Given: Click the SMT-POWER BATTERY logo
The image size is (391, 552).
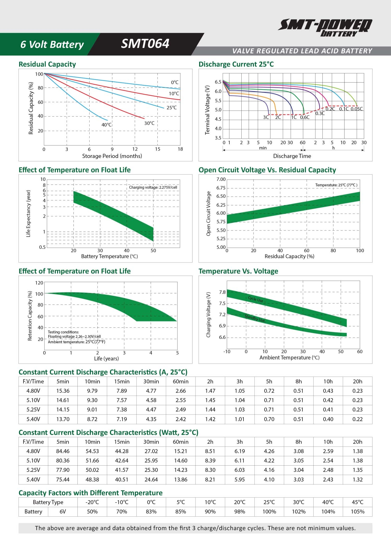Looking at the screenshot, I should coord(325,27).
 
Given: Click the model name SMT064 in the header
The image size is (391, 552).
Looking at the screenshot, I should coord(145,44).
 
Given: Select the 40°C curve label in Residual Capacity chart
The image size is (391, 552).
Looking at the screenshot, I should coord(106,125).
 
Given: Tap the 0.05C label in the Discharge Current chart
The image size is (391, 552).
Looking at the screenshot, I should coord(356,109).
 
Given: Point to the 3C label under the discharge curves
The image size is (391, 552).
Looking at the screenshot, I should coord(266,117).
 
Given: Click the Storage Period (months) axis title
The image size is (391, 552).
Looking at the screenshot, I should coord(112,156).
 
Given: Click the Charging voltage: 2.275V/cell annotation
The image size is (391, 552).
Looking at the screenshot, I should coord(153,187).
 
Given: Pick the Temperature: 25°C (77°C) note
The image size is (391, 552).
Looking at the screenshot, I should coord(336,185).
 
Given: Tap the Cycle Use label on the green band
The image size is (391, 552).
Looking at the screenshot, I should coord(255,299).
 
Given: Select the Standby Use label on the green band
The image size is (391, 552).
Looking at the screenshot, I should coord(255,318).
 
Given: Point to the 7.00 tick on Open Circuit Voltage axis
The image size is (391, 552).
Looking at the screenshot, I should coord(221,179).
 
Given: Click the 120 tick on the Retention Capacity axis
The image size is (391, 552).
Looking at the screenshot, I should coord(39,283).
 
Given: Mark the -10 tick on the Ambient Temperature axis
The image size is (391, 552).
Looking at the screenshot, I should coord(227,352).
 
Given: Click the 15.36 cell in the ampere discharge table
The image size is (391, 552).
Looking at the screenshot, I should coord(63,391).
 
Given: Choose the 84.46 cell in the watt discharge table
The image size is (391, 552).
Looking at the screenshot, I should coord(63,451).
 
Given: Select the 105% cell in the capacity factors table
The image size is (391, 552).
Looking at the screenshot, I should coord(357,512).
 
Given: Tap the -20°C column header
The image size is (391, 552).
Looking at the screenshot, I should coord(92,502).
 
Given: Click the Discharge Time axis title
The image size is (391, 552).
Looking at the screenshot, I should coord(292,156).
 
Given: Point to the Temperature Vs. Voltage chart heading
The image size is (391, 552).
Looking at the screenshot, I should coord(238,271).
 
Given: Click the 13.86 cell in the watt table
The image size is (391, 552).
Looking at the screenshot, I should coord(181,479).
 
